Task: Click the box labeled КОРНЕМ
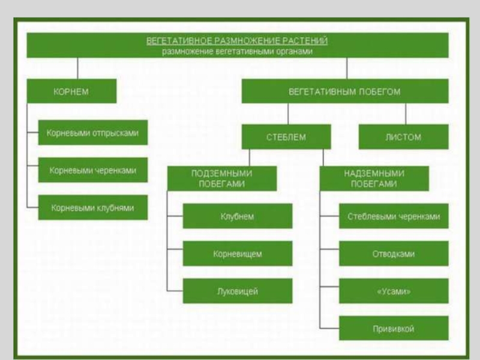point(71,91)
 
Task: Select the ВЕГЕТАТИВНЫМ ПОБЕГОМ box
point(344,91)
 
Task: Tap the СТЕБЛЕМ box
point(286,137)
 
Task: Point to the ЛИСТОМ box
point(403,137)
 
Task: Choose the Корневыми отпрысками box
point(92,133)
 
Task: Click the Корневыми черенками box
point(92,170)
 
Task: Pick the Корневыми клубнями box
point(92,208)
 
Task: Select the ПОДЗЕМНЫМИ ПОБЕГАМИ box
point(222,178)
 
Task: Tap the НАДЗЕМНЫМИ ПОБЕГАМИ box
point(374,178)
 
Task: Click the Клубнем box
point(238,216)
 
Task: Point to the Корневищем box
point(238,254)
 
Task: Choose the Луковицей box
point(238,291)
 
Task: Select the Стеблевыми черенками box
point(394,216)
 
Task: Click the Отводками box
point(394,254)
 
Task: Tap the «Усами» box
point(394,291)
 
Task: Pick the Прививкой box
point(394,328)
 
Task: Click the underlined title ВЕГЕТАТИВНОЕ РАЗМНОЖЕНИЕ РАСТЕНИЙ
point(237,41)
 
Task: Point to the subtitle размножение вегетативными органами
point(237,51)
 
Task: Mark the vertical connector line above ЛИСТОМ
point(406,113)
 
